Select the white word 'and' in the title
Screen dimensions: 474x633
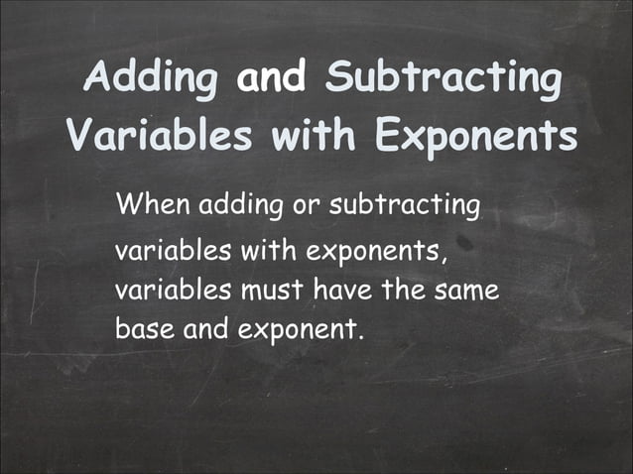click(271, 78)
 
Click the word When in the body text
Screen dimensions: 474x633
click(153, 207)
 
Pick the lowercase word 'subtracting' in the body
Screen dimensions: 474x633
click(404, 207)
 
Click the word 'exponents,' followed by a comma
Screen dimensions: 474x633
click(379, 251)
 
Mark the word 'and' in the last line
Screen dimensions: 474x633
click(206, 329)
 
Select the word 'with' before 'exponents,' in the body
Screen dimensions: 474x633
click(265, 250)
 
